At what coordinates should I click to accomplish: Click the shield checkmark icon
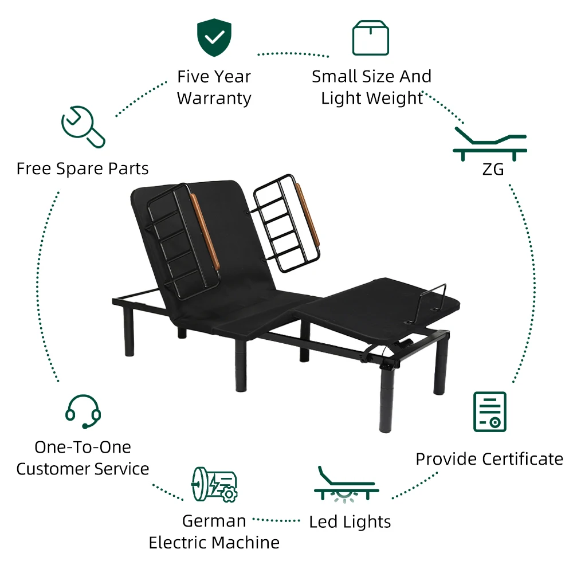(x=214, y=38)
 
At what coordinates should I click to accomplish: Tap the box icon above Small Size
(x=371, y=38)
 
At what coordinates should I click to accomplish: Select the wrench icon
(x=83, y=127)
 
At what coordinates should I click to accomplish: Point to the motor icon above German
(x=214, y=484)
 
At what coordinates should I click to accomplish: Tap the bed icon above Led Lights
(x=346, y=485)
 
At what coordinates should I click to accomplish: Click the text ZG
(x=490, y=170)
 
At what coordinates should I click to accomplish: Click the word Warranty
(x=214, y=99)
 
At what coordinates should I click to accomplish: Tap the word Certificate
(x=523, y=459)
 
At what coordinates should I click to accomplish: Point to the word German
(x=214, y=521)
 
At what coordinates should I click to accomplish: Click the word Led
(x=323, y=522)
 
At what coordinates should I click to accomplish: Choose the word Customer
(x=50, y=469)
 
